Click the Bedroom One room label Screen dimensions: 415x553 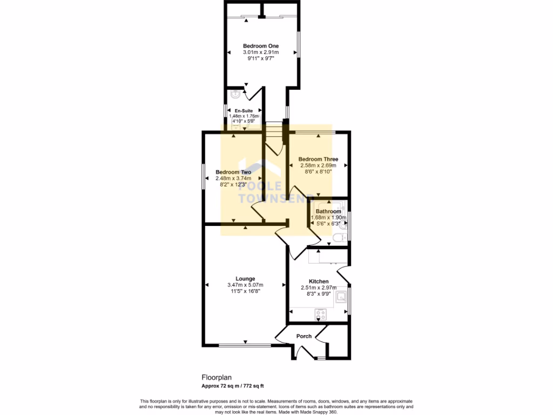[260, 46]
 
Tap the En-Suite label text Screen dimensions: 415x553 [244, 111]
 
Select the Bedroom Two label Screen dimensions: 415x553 [233, 172]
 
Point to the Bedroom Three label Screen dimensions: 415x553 [318, 159]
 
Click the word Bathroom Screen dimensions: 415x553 [328, 211]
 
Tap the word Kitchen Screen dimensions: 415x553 [319, 282]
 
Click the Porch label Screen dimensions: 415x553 [304, 336]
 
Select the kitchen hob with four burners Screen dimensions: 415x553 [320, 314]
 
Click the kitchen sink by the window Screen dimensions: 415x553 [341, 297]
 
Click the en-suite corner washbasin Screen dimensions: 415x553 [235, 95]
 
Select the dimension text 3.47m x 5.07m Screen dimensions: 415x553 [245, 285]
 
